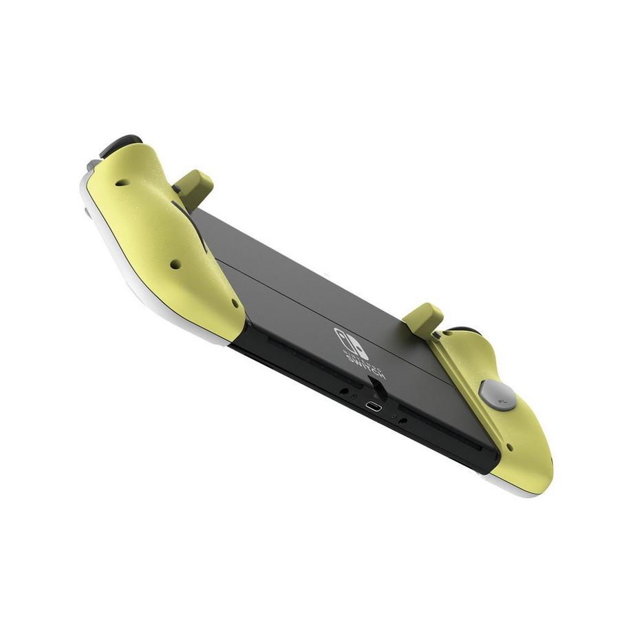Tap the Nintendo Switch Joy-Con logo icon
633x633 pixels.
[351, 343]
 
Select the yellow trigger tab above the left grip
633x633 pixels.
[194, 186]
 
